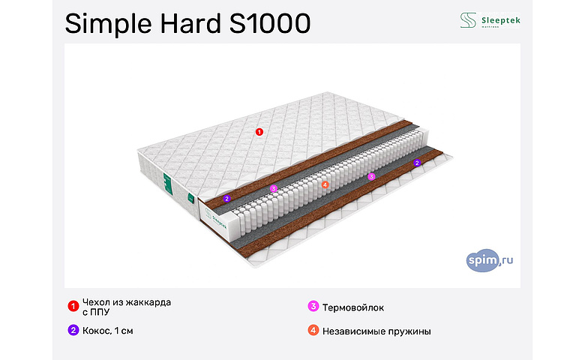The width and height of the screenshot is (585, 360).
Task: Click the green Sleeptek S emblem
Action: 468,20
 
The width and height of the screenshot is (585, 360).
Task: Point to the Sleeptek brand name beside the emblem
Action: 499,19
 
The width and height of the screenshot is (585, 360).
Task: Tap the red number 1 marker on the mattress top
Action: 259,132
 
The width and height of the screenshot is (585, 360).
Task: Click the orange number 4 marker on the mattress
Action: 325,184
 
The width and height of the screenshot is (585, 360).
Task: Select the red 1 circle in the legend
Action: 73,305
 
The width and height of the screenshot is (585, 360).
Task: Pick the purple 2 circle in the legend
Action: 73,330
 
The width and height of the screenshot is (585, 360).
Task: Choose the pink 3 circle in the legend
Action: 313,307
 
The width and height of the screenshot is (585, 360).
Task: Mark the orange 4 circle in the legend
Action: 313,330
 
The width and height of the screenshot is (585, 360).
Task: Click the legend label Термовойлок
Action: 352,307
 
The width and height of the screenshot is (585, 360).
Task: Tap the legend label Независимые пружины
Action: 376,331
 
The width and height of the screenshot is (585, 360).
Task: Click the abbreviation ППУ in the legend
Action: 100,312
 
